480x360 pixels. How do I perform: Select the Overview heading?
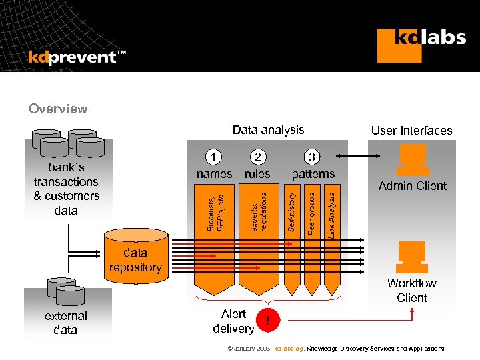click(x=58, y=109)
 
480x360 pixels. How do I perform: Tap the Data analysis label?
click(x=268, y=130)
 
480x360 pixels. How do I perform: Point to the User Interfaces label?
click(x=411, y=131)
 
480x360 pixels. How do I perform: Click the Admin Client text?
click(x=412, y=186)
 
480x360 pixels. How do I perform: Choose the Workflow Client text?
click(x=412, y=291)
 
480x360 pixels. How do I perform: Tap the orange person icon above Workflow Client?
click(x=412, y=257)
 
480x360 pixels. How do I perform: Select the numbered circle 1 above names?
click(x=213, y=157)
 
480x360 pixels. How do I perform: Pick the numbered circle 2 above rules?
click(x=257, y=157)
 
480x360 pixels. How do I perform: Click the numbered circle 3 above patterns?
click(x=313, y=157)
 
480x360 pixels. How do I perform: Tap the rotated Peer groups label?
click(x=311, y=212)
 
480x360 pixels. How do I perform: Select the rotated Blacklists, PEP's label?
click(x=215, y=212)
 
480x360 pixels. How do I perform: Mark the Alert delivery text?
click(x=233, y=321)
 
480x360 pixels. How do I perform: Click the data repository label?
click(x=135, y=260)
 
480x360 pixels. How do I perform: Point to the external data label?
click(x=65, y=323)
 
